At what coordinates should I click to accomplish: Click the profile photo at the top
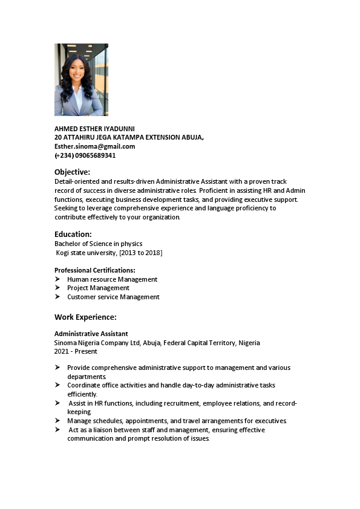point(81,79)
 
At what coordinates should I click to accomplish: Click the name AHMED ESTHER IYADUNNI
point(94,129)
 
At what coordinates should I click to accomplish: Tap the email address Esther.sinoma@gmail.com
point(94,146)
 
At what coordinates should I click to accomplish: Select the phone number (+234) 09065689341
point(85,155)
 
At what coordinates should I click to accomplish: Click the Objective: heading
point(72,172)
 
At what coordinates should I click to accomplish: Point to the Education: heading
point(73,234)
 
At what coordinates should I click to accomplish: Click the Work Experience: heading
point(85,317)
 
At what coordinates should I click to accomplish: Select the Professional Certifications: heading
point(95,270)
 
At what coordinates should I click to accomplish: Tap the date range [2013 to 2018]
point(140,253)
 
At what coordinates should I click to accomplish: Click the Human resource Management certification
point(112,279)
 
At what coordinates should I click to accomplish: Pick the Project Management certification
point(98,288)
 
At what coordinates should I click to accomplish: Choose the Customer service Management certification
point(113,297)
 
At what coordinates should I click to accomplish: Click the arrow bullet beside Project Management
point(57,288)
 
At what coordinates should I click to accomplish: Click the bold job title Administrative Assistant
point(91,334)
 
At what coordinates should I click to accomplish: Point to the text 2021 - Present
point(75,351)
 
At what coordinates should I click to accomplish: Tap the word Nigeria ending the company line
point(249,343)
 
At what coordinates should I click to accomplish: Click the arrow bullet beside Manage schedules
point(57,421)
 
